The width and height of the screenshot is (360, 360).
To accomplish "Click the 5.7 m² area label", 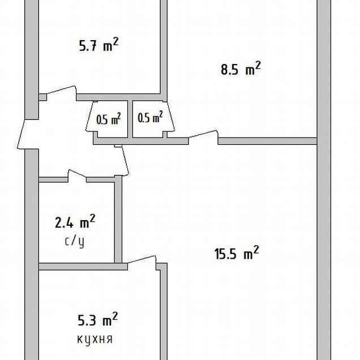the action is tap(98, 45).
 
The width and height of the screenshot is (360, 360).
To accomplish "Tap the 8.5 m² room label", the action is tap(241, 68).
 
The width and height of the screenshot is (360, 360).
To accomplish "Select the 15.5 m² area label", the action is tap(237, 252).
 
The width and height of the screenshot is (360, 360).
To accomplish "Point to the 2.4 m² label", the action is tap(75, 221).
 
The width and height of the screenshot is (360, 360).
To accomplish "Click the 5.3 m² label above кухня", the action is tap(98, 319).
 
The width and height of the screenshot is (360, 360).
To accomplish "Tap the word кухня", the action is tap(95, 339).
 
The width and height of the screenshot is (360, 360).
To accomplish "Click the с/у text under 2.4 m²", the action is tap(75, 241).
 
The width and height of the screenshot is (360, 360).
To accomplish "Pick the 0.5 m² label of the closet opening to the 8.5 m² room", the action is tap(151, 117).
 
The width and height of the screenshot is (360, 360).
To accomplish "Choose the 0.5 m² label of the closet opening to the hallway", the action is tap(109, 119).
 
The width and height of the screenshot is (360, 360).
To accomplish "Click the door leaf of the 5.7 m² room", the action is tap(62, 90).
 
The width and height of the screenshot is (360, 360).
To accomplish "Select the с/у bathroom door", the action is tap(77, 174).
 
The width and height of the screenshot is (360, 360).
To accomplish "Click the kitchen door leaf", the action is tap(142, 259).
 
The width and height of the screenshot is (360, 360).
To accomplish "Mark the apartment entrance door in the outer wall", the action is tap(21, 134).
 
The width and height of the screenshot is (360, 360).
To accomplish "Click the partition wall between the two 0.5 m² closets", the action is tap(130, 119).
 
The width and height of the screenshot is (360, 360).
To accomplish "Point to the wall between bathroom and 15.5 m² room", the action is tap(118, 219).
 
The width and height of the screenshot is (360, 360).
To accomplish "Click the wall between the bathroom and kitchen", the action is tap(83, 267).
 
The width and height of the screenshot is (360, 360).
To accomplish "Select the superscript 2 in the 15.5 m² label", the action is tap(256, 249).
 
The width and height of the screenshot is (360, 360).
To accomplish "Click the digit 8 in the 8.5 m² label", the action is tap(224, 70).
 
